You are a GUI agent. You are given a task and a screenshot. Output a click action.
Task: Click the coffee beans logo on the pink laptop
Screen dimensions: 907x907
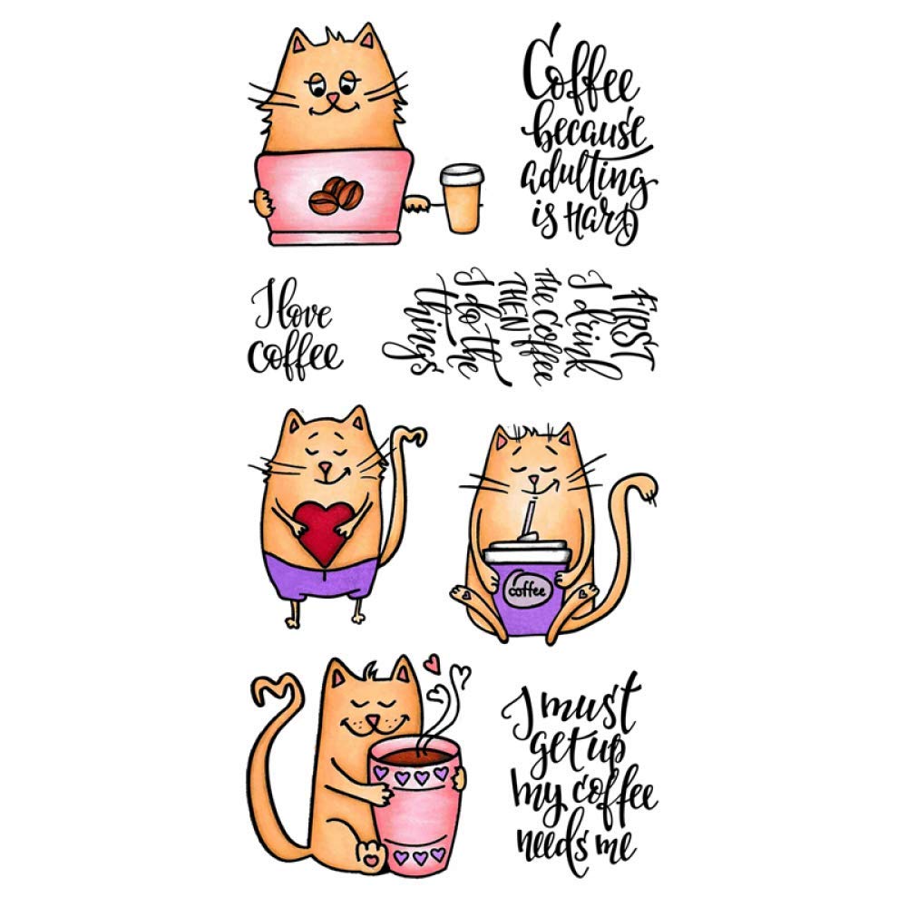[335, 195]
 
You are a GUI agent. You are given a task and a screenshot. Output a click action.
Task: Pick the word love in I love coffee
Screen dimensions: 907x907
[302, 315]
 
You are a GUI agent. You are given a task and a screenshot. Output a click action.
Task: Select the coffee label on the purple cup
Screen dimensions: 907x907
[526, 590]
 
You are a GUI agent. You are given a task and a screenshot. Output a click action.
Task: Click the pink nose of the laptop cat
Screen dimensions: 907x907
[334, 96]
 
